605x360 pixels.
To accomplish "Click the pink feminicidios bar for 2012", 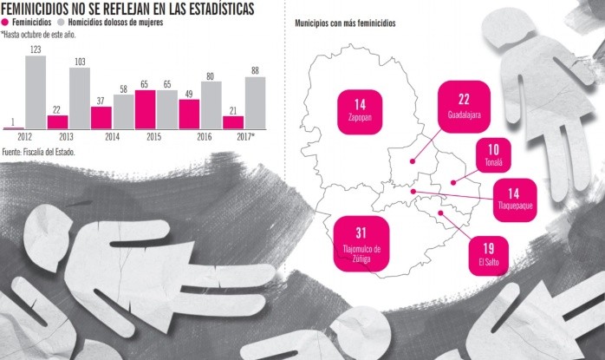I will pyautogui.click(x=14, y=128).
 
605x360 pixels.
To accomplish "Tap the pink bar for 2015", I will pyautogui.click(x=146, y=109).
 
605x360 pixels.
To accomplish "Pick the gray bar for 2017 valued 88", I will pyautogui.click(x=256, y=103).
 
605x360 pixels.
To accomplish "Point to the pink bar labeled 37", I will pyautogui.click(x=101, y=118).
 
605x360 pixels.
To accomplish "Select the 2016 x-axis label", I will pyautogui.click(x=205, y=137).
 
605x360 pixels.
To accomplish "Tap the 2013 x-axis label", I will pyautogui.click(x=68, y=137).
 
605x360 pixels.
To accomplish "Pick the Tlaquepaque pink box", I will pyautogui.click(x=514, y=199).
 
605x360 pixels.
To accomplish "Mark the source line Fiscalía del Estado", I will pyautogui.click(x=38, y=152).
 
